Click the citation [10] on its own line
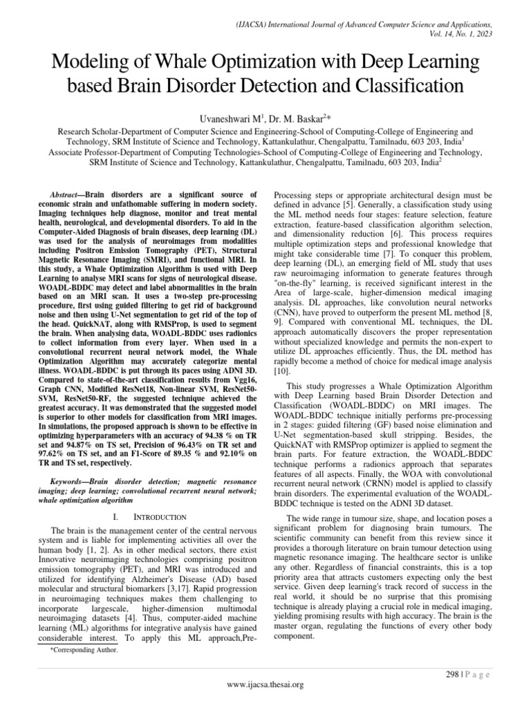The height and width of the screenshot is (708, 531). (283, 371)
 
